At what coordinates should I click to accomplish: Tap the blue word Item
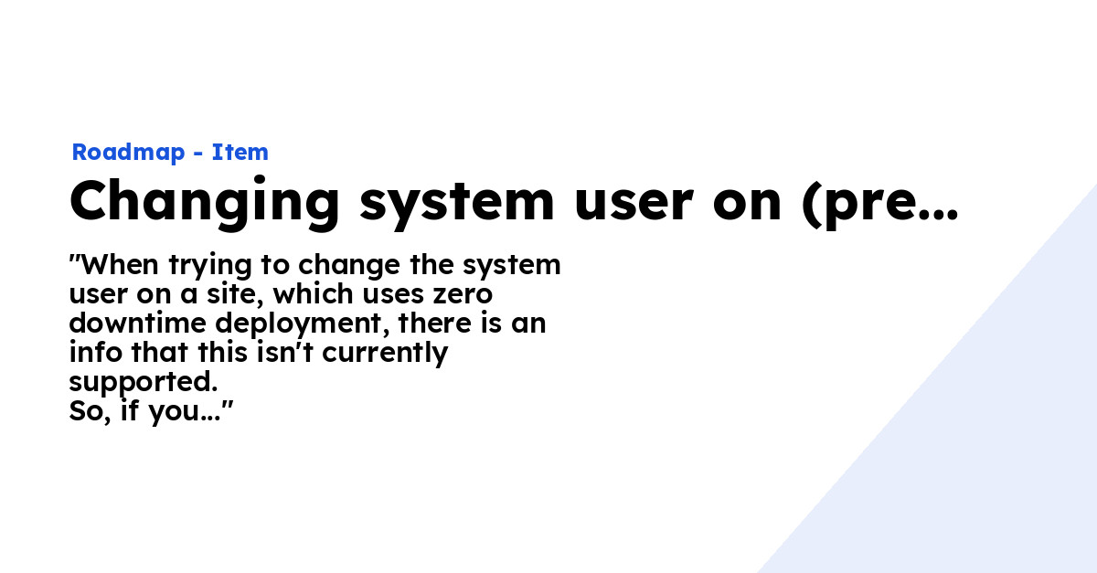[x=240, y=153]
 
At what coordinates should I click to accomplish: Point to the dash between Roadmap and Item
[x=197, y=154]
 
